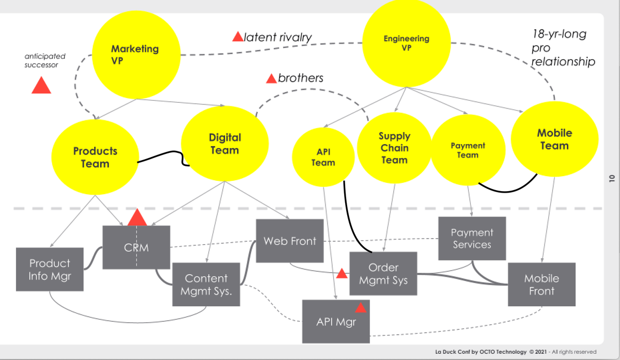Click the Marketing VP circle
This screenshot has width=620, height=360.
pos(135,55)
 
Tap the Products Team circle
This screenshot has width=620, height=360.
pos(95,157)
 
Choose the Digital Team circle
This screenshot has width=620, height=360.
pos(225,144)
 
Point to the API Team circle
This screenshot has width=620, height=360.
pos(323,156)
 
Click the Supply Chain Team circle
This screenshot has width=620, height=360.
pos(394,148)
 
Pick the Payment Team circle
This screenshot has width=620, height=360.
pos(468,150)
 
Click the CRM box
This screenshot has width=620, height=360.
pos(136,247)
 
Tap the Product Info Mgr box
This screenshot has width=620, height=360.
pos(50,270)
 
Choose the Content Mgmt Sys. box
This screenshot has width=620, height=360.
pos(206,284)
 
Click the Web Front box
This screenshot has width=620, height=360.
pos(289,241)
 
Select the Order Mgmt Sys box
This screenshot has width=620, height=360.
pos(383,274)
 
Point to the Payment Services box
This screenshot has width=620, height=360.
pos(472,239)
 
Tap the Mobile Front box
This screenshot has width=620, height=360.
pos(541,285)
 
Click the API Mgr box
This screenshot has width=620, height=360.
pos(336,321)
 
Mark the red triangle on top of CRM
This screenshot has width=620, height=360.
pos(137,218)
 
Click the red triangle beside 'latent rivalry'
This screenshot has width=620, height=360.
pos(238,37)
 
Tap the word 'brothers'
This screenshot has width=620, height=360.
pos(300,78)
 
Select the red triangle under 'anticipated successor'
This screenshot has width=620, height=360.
pos(41,86)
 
